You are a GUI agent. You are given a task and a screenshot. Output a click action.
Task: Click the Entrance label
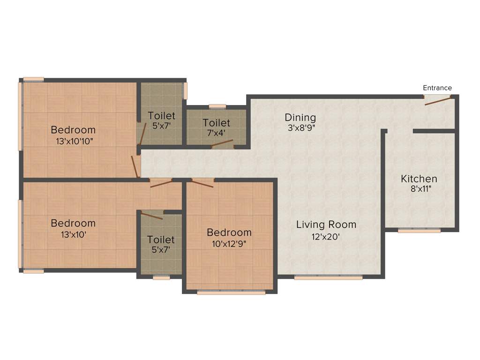(437, 88)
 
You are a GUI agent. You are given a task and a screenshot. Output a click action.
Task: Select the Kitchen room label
(419, 179)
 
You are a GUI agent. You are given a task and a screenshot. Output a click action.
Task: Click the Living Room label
(326, 225)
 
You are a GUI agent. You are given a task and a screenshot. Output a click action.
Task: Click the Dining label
(300, 117)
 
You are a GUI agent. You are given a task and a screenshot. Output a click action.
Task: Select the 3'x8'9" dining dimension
(300, 128)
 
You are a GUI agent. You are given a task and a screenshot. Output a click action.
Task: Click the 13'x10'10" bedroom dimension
(73, 141)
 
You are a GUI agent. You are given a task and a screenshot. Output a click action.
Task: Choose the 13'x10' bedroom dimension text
(73, 234)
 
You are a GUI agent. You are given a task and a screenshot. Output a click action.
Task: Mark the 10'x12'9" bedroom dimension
(229, 244)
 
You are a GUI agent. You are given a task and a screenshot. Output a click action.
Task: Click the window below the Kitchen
(419, 231)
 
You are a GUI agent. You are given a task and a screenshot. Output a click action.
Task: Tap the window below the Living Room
(328, 277)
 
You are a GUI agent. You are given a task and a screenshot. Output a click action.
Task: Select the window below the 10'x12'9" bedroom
(231, 292)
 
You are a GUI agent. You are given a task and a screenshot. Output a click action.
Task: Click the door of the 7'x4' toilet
(223, 145)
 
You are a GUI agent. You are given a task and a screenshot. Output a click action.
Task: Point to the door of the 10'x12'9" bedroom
(202, 183)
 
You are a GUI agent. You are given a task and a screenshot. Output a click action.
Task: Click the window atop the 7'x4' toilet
(217, 106)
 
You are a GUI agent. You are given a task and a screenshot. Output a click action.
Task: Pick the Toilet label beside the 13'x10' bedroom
(161, 240)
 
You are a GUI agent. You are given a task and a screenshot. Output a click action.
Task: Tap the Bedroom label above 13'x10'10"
(73, 130)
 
